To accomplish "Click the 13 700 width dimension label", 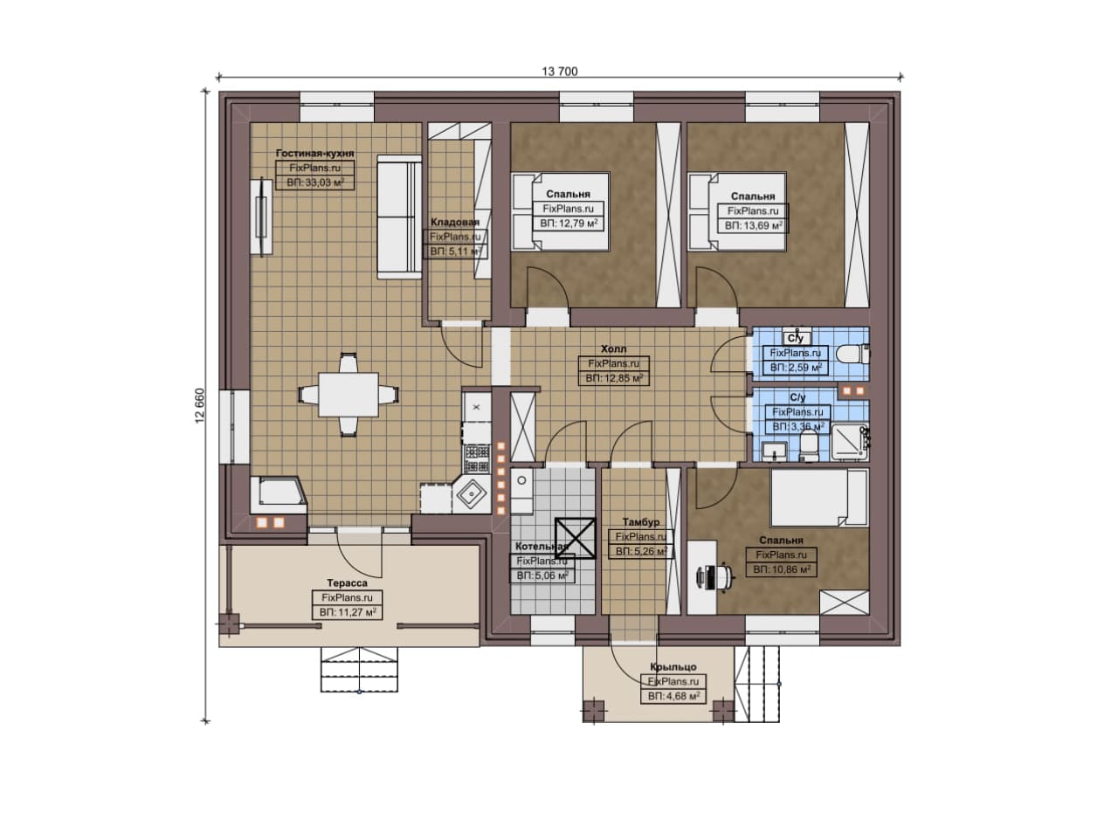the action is click(x=560, y=72).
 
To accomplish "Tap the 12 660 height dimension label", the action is click(x=200, y=406).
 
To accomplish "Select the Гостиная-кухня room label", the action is click(x=315, y=153).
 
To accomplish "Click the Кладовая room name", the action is click(x=455, y=222).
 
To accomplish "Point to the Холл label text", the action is click(x=613, y=348).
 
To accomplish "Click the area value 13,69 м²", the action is click(x=760, y=225).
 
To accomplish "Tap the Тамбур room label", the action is click(x=641, y=522).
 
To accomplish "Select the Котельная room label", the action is click(x=542, y=546).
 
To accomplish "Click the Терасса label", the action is click(x=347, y=583).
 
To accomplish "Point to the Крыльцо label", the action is click(x=673, y=667).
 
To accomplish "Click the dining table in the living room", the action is click(x=349, y=394).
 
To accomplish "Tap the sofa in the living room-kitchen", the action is click(x=399, y=217).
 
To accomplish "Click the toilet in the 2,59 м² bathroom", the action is click(x=853, y=355).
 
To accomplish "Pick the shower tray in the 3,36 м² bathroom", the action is click(x=850, y=442).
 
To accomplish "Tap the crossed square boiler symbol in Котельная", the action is click(x=576, y=538).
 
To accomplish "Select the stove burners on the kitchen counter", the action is click(x=477, y=459).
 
